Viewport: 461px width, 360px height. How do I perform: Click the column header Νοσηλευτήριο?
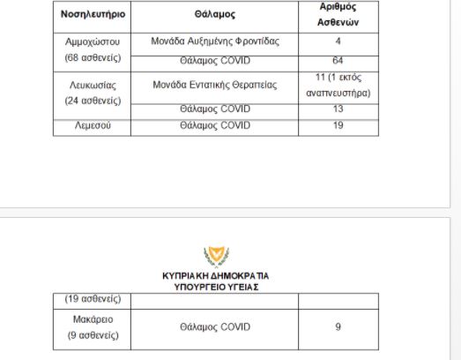(93, 16)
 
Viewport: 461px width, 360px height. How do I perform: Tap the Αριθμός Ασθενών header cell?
(338, 16)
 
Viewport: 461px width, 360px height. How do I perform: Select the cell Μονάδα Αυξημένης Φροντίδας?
(215, 42)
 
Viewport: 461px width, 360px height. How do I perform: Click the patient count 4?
(338, 42)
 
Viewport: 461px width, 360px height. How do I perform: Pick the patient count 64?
(338, 60)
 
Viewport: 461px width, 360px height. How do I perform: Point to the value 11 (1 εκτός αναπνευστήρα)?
(338, 85)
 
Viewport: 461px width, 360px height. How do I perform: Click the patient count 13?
(338, 109)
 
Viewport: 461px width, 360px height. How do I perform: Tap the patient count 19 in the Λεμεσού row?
(338, 126)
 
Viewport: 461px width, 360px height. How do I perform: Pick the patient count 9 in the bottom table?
(338, 326)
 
